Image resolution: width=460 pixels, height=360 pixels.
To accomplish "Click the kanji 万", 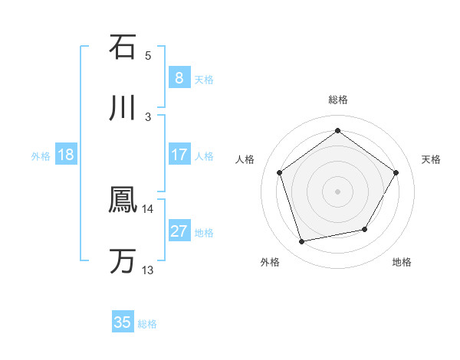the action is [x=123, y=261].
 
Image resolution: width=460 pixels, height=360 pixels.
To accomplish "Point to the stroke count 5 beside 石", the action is [x=148, y=55].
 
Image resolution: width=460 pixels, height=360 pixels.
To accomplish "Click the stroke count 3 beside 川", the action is [x=148, y=116].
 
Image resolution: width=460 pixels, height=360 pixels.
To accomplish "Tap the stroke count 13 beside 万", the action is [x=148, y=270].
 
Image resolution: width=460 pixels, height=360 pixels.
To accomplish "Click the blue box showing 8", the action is [x=179, y=77].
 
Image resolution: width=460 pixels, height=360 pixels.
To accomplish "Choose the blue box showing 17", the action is [x=179, y=155].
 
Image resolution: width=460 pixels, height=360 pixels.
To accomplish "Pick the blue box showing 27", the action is [x=179, y=231].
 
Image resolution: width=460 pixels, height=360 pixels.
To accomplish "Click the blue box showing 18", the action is [x=66, y=155].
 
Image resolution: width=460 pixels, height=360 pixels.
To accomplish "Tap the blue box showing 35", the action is [x=123, y=322].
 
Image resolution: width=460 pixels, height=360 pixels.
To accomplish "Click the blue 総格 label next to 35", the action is [x=147, y=324].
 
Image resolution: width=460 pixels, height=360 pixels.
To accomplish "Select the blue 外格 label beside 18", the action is [x=41, y=155].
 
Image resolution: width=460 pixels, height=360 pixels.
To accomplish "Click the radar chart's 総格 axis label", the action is [x=338, y=100].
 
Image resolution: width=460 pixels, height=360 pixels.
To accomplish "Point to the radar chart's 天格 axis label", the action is [x=432, y=159].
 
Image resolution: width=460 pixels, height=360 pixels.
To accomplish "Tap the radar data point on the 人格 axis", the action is [x=280, y=172].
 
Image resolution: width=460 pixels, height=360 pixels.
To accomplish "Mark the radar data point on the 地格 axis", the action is [x=365, y=229].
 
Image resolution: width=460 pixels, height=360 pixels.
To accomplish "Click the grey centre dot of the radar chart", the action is [x=337, y=191].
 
